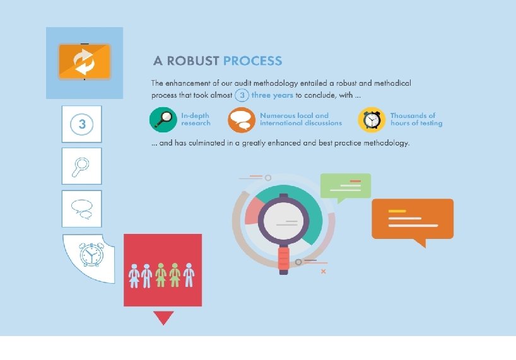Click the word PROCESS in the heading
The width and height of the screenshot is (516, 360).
tap(252, 61)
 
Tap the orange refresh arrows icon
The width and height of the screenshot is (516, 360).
tap(84, 61)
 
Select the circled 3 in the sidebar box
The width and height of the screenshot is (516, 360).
tap(82, 124)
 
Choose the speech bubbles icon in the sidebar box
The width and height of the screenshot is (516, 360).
tap(82, 208)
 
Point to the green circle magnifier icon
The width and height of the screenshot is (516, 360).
tap(163, 120)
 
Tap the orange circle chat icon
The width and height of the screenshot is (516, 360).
tap(242, 120)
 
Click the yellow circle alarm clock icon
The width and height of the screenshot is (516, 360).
tap(372, 120)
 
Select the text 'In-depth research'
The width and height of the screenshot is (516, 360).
tap(196, 119)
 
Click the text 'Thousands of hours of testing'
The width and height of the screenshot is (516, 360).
tap(416, 119)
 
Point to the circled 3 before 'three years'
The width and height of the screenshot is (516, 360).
tap(242, 95)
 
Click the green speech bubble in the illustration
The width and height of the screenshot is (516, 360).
tap(345, 187)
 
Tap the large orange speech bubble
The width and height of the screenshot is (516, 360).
tap(413, 219)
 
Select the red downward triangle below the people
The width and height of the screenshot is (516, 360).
tap(163, 317)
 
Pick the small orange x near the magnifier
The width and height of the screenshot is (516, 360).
tap(324, 271)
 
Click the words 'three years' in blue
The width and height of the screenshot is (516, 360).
tap(272, 95)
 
